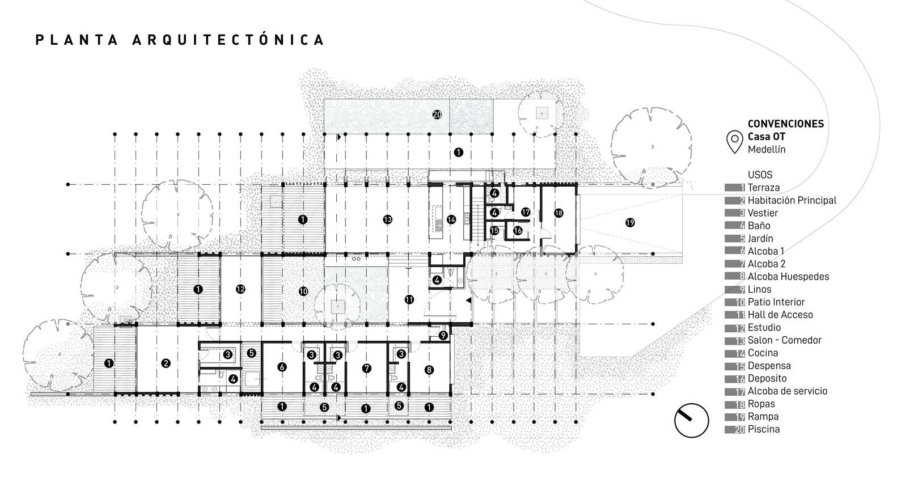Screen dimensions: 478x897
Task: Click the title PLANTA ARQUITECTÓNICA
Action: click(x=180, y=40)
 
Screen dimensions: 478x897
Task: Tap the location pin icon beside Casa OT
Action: click(x=735, y=141)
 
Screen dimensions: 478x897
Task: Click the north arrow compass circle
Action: click(x=692, y=420)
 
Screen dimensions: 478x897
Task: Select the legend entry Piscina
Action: click(x=763, y=429)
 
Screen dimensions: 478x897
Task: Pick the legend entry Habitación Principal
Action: click(x=792, y=200)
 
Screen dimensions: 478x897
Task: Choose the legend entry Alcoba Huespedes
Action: click(x=788, y=277)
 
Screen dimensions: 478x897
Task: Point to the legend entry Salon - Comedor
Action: click(x=784, y=340)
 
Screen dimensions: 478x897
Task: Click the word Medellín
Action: click(x=767, y=150)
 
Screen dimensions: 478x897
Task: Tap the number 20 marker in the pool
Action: click(x=437, y=115)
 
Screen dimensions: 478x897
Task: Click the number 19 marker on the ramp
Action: click(x=630, y=222)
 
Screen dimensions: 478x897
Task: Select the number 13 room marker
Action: click(x=387, y=219)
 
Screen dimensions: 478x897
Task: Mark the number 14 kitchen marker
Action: click(x=451, y=219)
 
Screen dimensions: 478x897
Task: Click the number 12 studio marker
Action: click(x=240, y=289)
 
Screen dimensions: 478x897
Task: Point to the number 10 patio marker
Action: click(x=303, y=291)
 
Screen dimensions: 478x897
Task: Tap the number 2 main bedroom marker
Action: click(x=166, y=363)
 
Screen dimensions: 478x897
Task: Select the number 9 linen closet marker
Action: click(x=443, y=335)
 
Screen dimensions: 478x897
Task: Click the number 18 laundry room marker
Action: click(x=558, y=213)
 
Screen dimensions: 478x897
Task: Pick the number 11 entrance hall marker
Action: click(x=409, y=299)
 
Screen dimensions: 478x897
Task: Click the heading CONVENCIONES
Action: click(x=785, y=124)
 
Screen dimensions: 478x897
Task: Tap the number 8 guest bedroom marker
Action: click(x=429, y=370)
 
